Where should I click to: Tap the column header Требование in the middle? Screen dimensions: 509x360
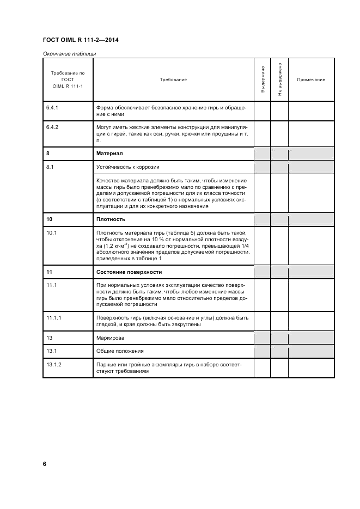point(173,80)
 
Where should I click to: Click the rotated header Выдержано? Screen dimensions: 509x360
point(263,79)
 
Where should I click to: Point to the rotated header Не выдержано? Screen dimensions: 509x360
point(279,79)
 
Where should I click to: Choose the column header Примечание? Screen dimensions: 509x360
point(311,80)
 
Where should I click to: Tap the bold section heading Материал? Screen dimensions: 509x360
point(109,154)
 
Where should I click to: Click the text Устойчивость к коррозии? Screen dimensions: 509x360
point(128,167)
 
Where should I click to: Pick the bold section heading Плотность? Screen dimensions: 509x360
point(111,219)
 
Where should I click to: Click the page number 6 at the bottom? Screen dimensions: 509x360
point(45,464)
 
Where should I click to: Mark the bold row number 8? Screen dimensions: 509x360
point(48,154)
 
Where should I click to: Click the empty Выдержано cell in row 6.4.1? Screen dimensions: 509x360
point(263,111)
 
